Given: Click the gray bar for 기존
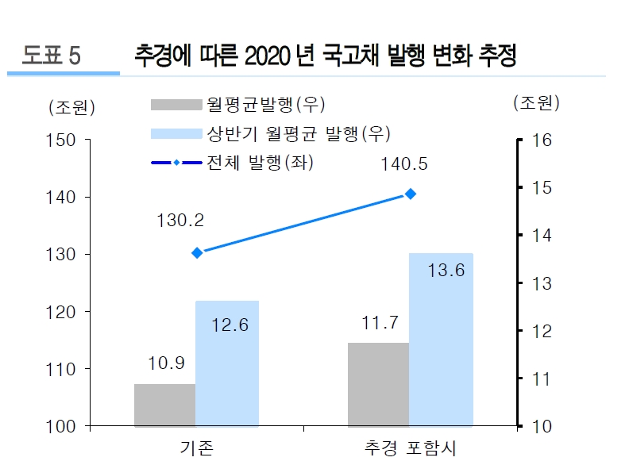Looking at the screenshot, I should pyautogui.click(x=164, y=405).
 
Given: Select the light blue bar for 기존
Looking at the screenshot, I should pyautogui.click(x=227, y=363).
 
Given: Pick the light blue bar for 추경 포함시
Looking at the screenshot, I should pyautogui.click(x=441, y=340).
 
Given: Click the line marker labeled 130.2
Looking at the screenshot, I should pyautogui.click(x=197, y=252).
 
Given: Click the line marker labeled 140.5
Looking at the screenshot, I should pyautogui.click(x=411, y=194).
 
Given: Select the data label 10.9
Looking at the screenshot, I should pyautogui.click(x=166, y=363).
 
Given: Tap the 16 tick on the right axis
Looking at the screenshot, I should pyautogui.click(x=538, y=140).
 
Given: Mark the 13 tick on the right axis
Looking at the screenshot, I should pyautogui.click(x=538, y=283).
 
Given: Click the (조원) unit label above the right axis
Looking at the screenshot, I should pyautogui.click(x=536, y=102).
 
